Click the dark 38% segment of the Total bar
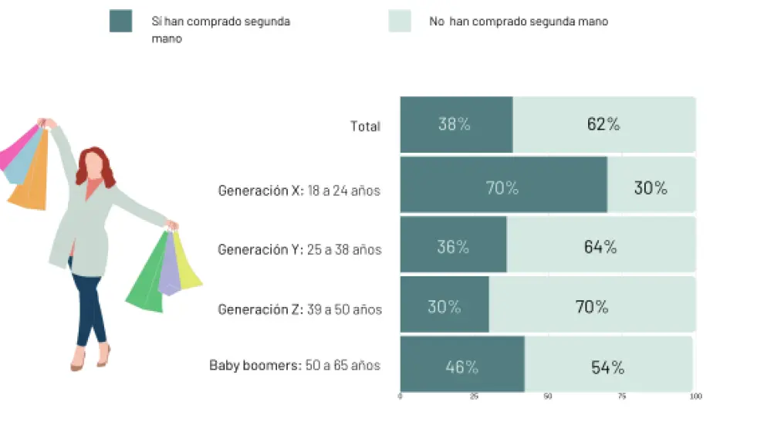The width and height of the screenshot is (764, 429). pos(455,124)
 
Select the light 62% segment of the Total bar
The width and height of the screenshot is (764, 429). pos(603,124)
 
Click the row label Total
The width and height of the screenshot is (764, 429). pos(365,127)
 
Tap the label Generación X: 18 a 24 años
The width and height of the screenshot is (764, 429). pos(299,191)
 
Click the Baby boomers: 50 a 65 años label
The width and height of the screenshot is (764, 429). pos(295,366)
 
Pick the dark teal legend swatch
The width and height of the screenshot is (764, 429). pos(121,21)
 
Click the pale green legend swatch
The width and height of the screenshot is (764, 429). pos(400,21)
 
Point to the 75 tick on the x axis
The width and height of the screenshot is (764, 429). pos(622,397)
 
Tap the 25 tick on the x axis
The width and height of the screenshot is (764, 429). pos(474,397)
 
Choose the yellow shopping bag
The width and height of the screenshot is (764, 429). pos(188,262)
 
